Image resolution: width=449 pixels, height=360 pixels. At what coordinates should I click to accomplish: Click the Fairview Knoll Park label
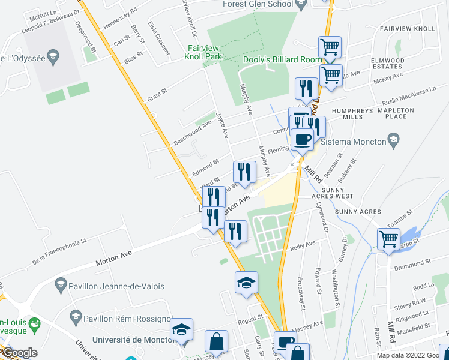pos(205,52)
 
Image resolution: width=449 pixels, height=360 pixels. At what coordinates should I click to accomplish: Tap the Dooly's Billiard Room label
pos(282,59)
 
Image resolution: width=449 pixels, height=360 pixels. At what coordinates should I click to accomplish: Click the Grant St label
pos(156,95)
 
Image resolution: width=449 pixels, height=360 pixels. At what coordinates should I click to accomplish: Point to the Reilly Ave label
pos(303,244)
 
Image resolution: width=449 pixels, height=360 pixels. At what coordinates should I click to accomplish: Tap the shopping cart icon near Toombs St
pos(389,239)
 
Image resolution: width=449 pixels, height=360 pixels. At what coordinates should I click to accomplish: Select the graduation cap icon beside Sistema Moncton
pos(393,142)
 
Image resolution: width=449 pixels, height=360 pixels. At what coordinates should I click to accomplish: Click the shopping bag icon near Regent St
pos(216,341)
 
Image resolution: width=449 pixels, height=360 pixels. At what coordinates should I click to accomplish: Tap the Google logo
pos(20,353)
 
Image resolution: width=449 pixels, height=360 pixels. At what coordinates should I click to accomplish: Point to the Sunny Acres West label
pos(331,196)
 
